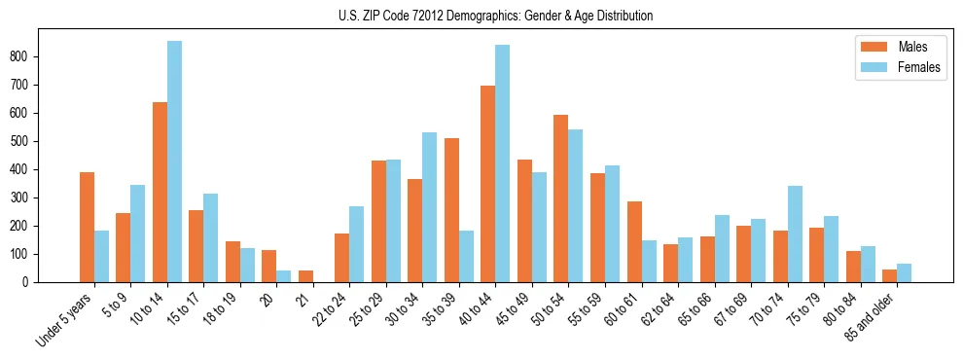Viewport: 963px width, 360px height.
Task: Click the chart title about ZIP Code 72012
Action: [x=481, y=16]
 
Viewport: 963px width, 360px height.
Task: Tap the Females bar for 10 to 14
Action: [x=174, y=162]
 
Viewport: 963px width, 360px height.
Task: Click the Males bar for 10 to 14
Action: [x=160, y=192]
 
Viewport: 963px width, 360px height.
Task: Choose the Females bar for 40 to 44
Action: [x=502, y=163]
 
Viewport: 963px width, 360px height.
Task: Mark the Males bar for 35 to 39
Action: [x=451, y=210]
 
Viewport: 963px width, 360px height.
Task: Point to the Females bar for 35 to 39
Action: [x=466, y=256]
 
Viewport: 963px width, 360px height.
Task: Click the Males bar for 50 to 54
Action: [x=560, y=198]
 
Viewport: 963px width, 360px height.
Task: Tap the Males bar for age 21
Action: [x=305, y=276]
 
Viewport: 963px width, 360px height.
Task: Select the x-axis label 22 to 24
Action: [x=328, y=312]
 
